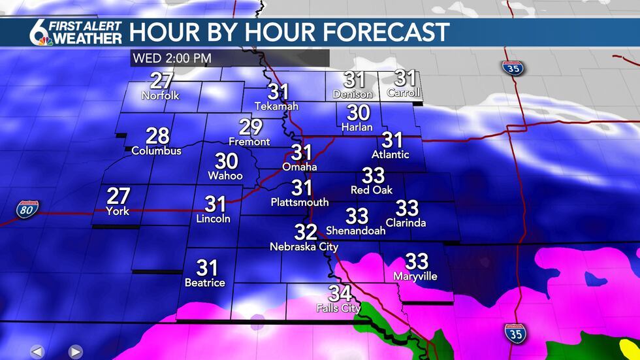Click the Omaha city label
300,167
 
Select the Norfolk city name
161,96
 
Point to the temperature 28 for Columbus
157,136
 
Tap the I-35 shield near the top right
511,67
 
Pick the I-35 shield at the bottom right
515,333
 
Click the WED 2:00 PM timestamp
172,58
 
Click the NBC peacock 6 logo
42,32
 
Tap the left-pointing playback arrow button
37,352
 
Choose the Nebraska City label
304,247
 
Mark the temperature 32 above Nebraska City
306,232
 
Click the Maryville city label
416,276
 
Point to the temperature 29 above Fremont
249,127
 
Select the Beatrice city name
205,283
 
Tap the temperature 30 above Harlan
357,112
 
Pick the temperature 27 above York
118,195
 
